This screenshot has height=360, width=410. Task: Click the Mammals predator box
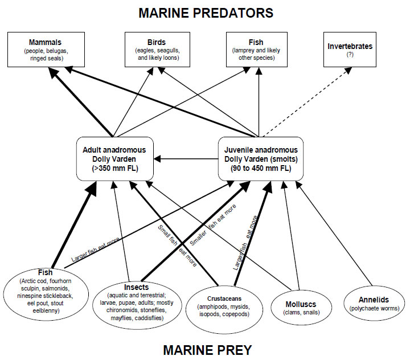tap(46, 50)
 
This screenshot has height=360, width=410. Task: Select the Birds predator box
tap(157, 50)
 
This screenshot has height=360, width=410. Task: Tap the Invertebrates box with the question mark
tap(350, 50)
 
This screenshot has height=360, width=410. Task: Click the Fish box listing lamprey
tap(257, 50)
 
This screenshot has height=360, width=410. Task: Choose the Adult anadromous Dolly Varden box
tap(115, 159)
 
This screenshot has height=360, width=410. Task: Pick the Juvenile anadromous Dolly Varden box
tap(261, 159)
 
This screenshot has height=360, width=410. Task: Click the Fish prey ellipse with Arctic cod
tap(46, 294)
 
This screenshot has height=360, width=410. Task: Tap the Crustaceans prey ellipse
tap(224, 309)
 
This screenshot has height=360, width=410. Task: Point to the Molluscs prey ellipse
tap(301, 308)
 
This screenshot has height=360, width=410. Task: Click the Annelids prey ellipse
tap(374, 303)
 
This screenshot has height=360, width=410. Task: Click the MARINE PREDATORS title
tap(206, 13)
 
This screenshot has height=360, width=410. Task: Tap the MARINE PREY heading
tap(207, 350)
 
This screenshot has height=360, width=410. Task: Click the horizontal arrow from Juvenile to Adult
tap(186, 159)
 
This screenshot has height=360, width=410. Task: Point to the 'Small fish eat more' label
tap(177, 246)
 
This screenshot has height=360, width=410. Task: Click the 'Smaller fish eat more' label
tap(213, 225)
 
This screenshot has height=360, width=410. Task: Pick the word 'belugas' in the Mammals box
tap(57, 51)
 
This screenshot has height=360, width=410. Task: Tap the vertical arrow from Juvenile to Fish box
tap(259, 102)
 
